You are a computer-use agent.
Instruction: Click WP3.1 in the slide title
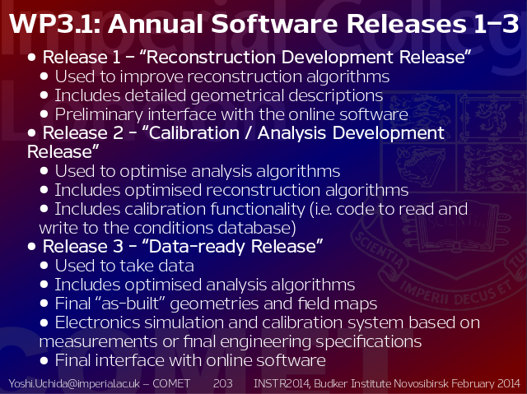tap(54, 24)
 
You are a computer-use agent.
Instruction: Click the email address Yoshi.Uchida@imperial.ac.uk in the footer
tap(74, 383)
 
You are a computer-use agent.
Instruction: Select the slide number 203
tap(223, 383)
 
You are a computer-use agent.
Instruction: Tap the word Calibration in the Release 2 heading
tap(194, 133)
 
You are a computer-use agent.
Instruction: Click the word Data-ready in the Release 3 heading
tap(197, 246)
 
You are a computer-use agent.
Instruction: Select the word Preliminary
tap(99, 114)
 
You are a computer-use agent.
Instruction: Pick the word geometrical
tap(238, 95)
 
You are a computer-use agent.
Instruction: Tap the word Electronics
tap(97, 322)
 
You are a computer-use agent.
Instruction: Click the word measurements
tap(98, 342)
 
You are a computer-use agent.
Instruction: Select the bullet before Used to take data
tap(44, 266)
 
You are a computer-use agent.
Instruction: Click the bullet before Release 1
tap(31, 57)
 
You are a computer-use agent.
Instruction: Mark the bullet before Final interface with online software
tap(44, 360)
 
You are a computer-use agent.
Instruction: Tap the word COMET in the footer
tap(171, 383)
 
